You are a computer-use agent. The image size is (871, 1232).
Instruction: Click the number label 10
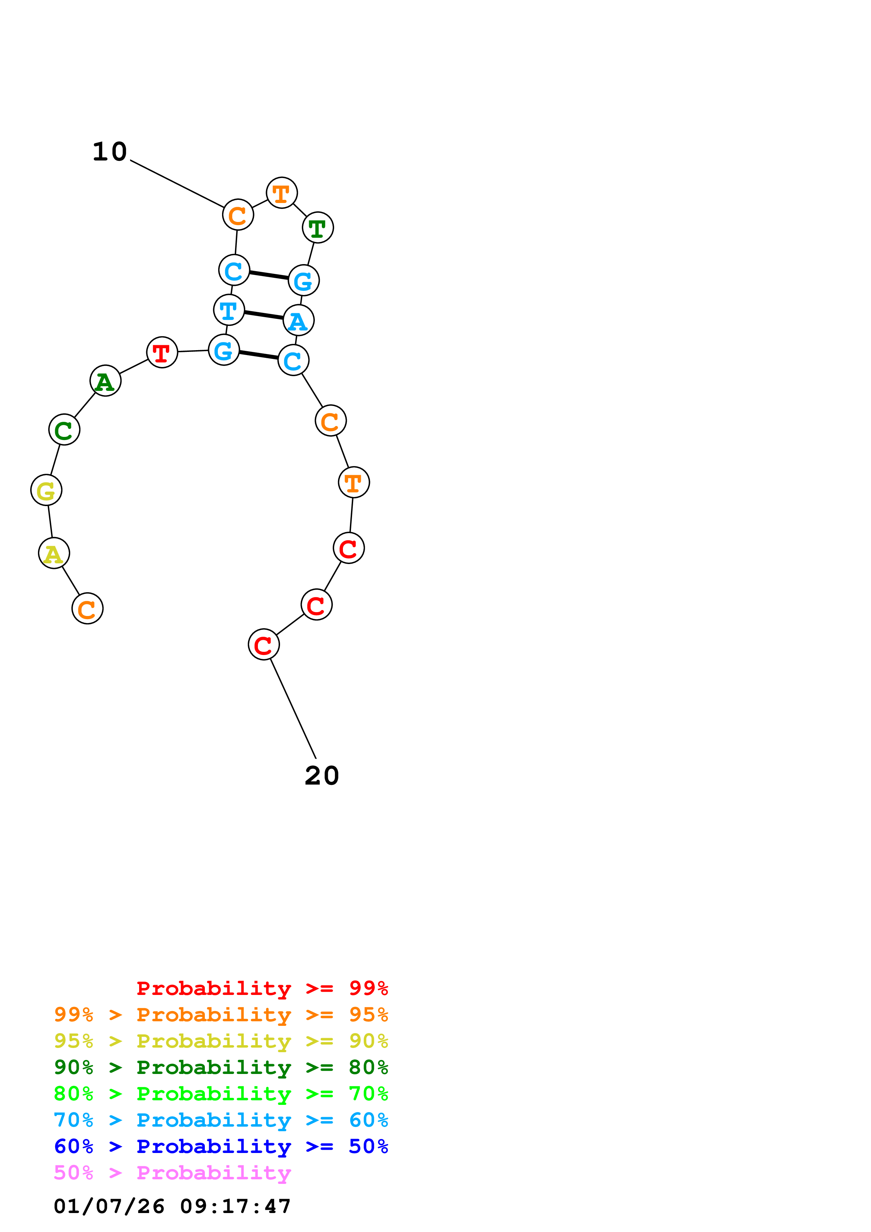click(x=110, y=152)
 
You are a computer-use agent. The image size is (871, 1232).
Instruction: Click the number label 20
click(x=321, y=775)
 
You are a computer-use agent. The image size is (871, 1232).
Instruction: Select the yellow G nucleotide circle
click(x=46, y=490)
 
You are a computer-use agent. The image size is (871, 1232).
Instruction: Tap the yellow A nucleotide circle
click(x=54, y=553)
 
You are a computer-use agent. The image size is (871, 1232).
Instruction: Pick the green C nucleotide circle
click(x=64, y=429)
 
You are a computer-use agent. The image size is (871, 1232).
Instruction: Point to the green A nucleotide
click(x=105, y=380)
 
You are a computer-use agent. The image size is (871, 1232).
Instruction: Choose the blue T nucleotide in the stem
click(x=229, y=310)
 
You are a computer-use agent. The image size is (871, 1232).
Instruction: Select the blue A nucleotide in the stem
click(x=298, y=320)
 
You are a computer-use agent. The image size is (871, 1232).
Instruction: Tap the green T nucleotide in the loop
click(x=318, y=228)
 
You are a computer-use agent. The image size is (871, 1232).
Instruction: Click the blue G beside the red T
click(x=224, y=350)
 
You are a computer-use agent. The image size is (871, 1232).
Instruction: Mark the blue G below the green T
click(x=304, y=280)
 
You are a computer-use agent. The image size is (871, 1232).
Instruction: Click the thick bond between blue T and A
click(x=264, y=315)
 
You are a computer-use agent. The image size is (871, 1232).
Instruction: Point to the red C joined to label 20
click(x=264, y=644)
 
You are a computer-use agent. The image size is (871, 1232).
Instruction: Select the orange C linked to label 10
click(x=238, y=215)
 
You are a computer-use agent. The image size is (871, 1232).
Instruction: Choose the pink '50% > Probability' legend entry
click(x=172, y=1173)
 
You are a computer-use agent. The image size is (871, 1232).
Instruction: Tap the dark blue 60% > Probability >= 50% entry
click(x=221, y=1147)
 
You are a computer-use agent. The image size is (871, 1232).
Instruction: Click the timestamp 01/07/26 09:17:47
click(x=172, y=1206)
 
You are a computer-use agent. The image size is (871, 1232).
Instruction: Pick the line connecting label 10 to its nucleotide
click(x=177, y=184)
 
